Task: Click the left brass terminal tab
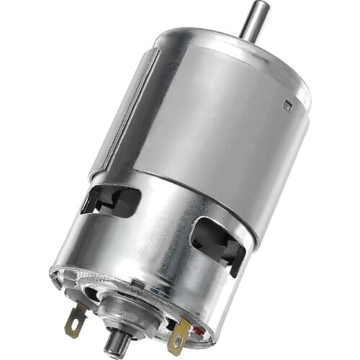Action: point(75,318)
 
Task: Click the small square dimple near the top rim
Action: point(287,106)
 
